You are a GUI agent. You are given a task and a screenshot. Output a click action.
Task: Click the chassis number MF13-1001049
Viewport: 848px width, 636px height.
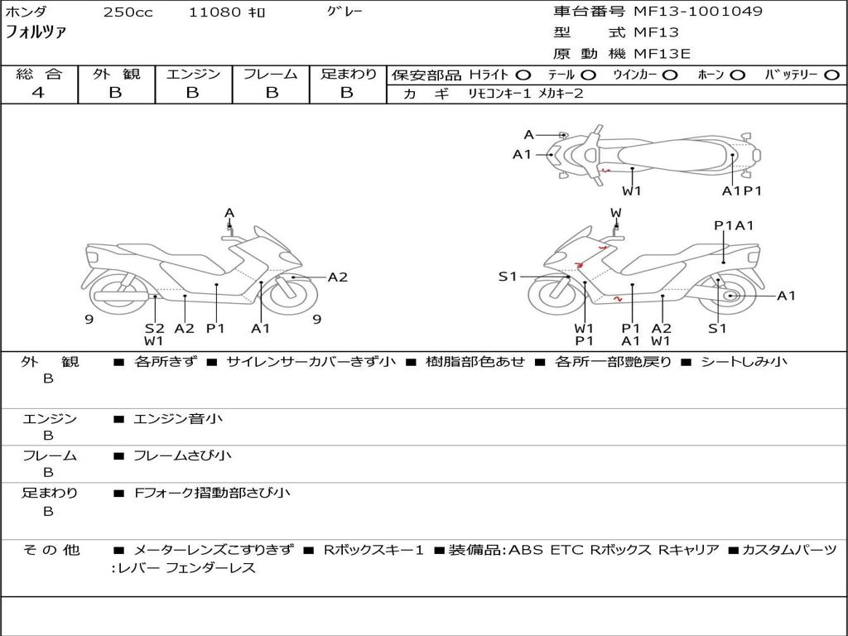[698, 12]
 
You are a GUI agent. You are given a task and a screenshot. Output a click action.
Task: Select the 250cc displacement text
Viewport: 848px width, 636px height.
[128, 12]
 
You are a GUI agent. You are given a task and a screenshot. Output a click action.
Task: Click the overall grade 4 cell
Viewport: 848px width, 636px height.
[38, 93]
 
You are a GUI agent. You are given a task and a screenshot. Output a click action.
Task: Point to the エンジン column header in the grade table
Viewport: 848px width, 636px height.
[193, 75]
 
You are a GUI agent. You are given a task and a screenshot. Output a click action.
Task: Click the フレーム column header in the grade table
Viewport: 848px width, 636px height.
[270, 75]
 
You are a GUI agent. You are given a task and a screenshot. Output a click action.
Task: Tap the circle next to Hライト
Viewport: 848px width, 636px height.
[523, 75]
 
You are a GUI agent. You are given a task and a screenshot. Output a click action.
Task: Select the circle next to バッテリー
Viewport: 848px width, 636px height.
[831, 75]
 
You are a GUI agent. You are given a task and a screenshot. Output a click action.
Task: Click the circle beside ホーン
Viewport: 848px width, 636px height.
[738, 75]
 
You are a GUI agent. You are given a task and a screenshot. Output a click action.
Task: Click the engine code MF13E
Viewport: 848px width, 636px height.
[662, 54]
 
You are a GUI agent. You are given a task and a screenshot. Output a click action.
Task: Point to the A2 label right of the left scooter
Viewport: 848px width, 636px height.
[338, 277]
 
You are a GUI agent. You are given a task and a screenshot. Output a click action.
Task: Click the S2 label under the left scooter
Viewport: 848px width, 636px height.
[155, 328]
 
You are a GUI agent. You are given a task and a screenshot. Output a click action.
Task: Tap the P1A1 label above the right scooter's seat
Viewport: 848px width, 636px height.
[734, 225]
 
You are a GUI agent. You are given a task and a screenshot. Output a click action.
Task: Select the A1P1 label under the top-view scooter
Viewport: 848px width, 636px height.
[741, 190]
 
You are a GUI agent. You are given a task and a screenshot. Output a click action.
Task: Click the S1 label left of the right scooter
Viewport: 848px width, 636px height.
[508, 277]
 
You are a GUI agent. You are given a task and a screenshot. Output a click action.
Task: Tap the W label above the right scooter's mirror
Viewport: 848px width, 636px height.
[616, 213]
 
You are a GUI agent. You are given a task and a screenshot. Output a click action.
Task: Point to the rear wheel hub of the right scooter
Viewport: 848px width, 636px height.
[730, 296]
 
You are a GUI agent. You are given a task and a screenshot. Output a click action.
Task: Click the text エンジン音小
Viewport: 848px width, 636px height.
[178, 419]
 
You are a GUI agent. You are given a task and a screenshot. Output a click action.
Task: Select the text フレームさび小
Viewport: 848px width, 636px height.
[183, 455]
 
